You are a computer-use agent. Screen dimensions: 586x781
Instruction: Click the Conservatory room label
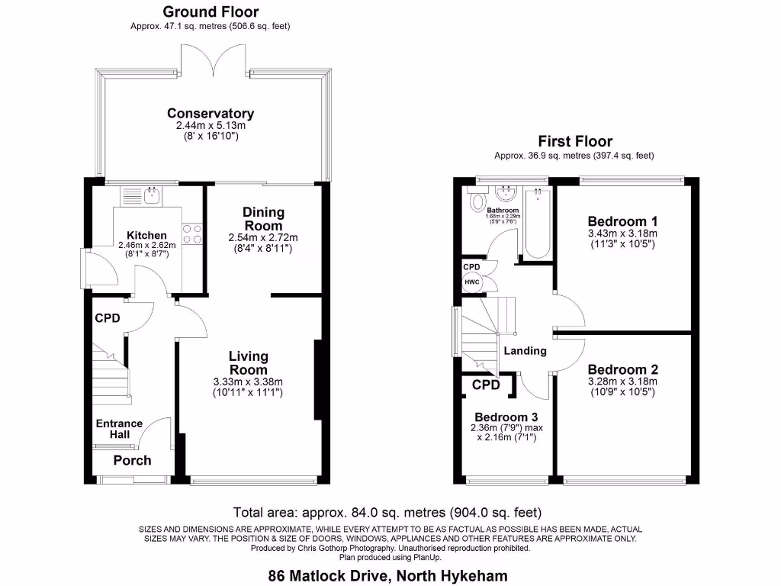(x=211, y=114)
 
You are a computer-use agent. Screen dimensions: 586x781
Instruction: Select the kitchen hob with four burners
(x=191, y=233)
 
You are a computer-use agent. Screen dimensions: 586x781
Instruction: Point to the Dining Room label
(x=263, y=219)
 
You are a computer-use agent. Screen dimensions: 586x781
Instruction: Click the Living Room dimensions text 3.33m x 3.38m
(x=249, y=382)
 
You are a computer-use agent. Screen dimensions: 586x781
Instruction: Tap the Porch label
(x=132, y=460)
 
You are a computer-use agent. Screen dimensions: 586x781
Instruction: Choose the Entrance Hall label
(x=119, y=429)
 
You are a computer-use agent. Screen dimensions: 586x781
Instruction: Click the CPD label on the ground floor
(x=108, y=318)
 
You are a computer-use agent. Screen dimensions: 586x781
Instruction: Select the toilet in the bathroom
(x=478, y=201)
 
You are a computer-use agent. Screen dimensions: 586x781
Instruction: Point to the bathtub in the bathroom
(x=538, y=225)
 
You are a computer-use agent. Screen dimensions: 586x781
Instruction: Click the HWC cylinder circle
(x=472, y=282)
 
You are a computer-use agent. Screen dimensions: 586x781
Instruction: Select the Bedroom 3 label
(x=506, y=417)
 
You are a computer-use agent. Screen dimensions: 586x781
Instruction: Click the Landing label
(x=525, y=351)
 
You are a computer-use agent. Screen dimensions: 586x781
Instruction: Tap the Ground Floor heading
(x=211, y=11)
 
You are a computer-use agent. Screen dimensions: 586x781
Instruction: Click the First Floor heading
(x=574, y=141)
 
